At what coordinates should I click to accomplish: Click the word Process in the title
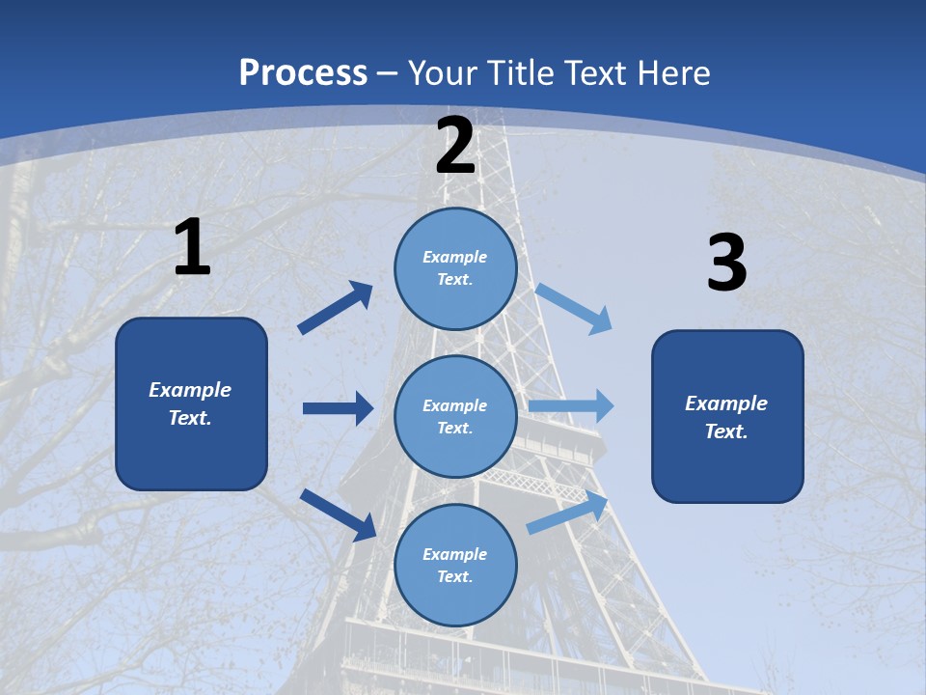tap(303, 72)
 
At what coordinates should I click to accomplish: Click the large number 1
tap(192, 248)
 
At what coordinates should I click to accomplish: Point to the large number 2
tap(455, 147)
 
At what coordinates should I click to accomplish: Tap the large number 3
tap(727, 264)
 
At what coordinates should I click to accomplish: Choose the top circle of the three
tap(455, 267)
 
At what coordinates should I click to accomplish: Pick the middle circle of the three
tap(455, 416)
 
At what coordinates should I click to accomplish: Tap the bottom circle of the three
tap(455, 565)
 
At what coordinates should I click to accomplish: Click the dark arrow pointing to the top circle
tap(336, 308)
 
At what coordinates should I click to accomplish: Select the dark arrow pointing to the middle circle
tap(338, 408)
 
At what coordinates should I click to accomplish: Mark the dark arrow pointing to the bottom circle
tap(338, 514)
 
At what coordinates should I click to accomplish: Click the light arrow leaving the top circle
tap(573, 308)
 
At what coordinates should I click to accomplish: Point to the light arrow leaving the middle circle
tap(571, 406)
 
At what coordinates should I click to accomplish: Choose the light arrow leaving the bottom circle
tap(568, 513)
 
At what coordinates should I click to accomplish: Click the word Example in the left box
tap(190, 390)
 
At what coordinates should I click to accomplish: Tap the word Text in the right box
tap(725, 431)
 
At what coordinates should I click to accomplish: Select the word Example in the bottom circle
tap(455, 554)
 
